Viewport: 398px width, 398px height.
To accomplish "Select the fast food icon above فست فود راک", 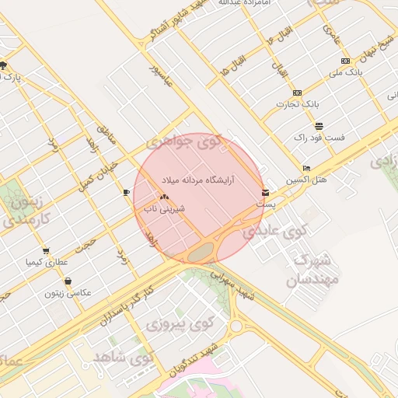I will click(318, 126).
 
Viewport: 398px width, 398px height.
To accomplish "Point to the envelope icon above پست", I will click(266, 192).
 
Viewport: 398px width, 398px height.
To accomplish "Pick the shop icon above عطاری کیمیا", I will click(46, 251).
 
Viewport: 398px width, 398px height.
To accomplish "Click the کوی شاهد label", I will click(124, 358).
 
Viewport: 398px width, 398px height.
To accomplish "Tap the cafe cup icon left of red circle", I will click(126, 191).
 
